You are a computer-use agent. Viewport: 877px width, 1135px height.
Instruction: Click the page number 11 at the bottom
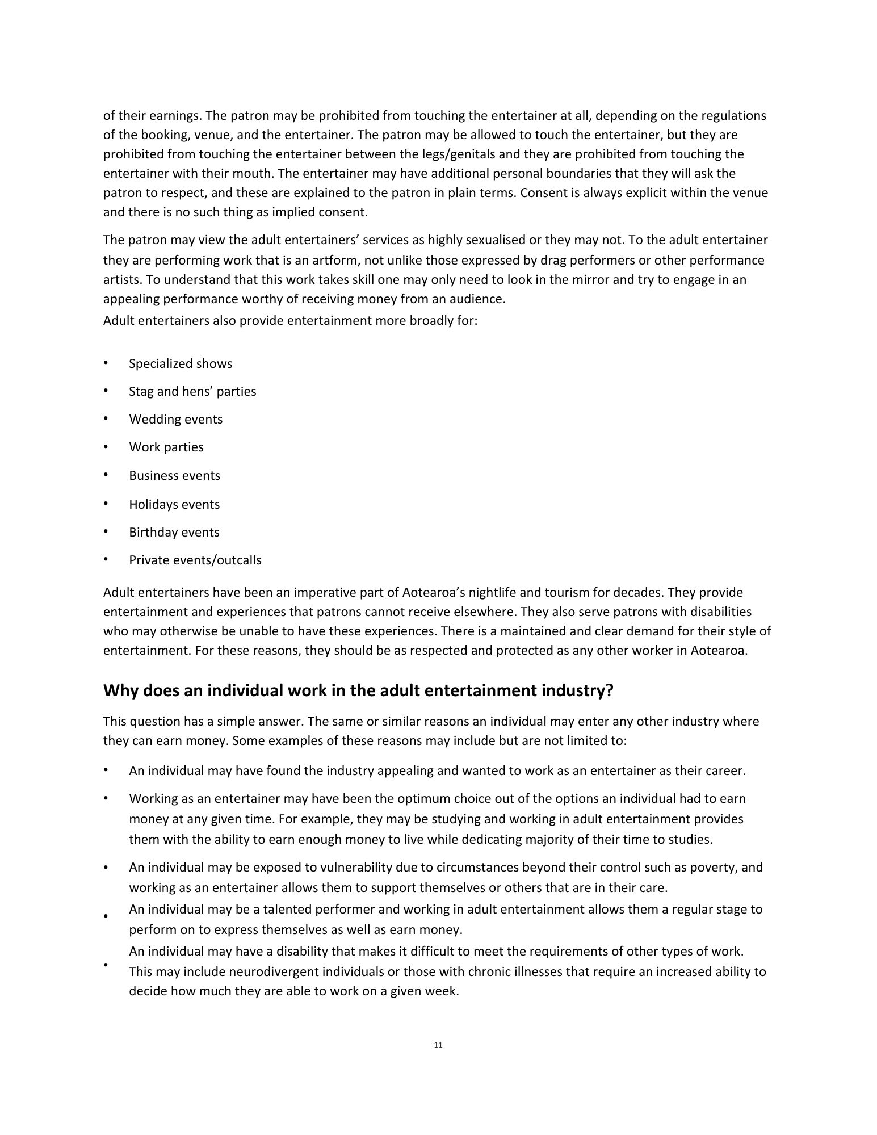point(438,1045)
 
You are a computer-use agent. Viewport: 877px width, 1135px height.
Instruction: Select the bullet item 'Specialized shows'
point(181,363)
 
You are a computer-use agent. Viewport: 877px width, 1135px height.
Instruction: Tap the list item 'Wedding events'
point(175,419)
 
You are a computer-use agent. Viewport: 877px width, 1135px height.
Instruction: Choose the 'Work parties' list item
point(166,447)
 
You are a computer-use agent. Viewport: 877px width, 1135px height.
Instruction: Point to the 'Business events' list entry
point(174,475)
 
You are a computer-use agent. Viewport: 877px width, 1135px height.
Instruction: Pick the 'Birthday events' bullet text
point(174,532)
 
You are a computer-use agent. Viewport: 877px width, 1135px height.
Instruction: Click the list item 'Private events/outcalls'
point(195,560)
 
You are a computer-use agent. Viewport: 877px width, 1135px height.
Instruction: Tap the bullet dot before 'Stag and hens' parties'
point(106,391)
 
